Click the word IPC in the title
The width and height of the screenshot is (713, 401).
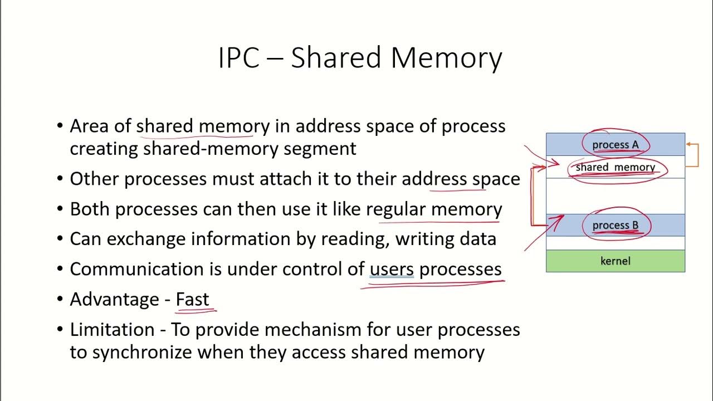[239, 58]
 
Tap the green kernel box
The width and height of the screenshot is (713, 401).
[615, 261]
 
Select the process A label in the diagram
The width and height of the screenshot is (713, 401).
[615, 145]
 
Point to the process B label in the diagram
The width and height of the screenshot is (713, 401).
[615, 226]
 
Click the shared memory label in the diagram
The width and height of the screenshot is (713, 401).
[615, 167]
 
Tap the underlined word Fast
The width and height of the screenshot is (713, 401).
[192, 299]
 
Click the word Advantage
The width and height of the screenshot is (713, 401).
[114, 299]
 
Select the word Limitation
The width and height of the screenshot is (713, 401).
[112, 329]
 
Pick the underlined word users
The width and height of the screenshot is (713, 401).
[392, 269]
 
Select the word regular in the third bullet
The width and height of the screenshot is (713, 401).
[395, 209]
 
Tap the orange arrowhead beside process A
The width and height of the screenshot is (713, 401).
[688, 145]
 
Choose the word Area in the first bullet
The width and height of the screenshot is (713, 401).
[89, 126]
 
